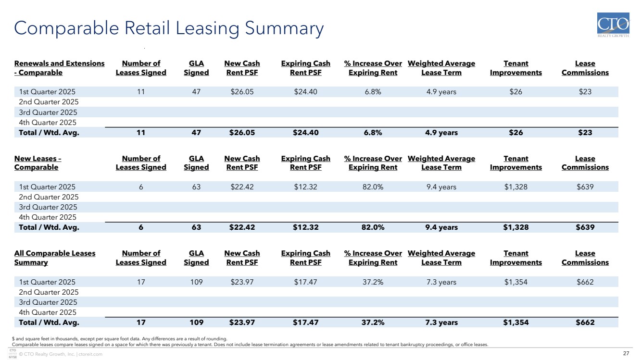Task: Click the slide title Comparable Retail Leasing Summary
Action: click(169, 28)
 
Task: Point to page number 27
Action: click(626, 354)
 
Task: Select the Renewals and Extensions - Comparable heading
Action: click(59, 68)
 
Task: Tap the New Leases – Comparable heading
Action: click(38, 163)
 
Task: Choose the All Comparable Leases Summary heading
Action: click(55, 258)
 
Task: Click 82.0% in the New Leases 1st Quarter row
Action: click(373, 187)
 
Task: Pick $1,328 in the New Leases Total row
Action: click(515, 227)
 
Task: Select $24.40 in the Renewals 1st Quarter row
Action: click(305, 92)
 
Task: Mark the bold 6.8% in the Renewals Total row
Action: click(373, 133)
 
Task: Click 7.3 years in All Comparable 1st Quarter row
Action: click(441, 282)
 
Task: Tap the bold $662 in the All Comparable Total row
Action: click(585, 323)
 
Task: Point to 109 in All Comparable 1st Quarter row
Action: click(196, 282)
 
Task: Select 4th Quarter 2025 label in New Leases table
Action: click(48, 217)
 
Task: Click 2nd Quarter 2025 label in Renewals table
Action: click(49, 102)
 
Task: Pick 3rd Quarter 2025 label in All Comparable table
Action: click(48, 302)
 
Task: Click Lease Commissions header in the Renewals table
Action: click(585, 68)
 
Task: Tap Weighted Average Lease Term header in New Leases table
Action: click(441, 163)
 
